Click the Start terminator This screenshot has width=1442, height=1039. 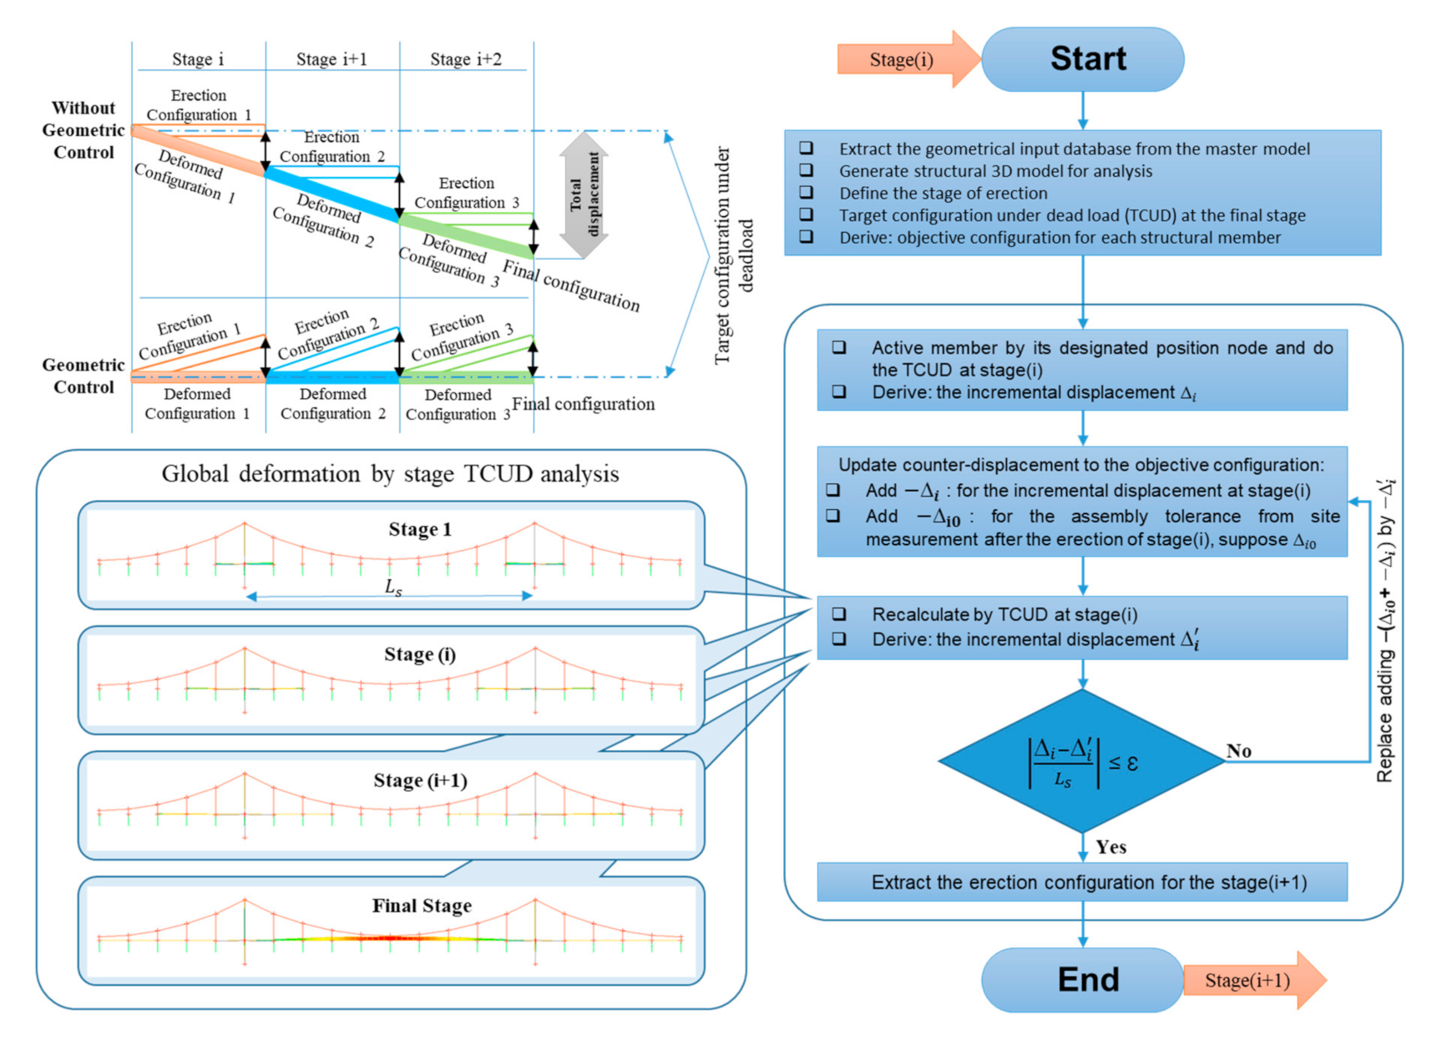(1082, 59)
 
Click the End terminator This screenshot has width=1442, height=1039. (1082, 980)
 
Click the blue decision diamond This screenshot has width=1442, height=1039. (1082, 761)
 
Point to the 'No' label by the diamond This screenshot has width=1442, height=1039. (1238, 751)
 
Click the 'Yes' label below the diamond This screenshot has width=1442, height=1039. (1111, 847)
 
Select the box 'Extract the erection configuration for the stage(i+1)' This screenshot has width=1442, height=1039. (1082, 882)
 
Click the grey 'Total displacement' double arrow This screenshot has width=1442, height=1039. (584, 194)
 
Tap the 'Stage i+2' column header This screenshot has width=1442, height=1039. (466, 59)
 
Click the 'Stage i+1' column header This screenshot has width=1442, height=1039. (331, 59)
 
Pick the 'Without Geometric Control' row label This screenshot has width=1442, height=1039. (83, 130)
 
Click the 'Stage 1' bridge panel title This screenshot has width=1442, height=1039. (420, 529)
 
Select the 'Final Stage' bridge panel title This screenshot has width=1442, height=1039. (422, 905)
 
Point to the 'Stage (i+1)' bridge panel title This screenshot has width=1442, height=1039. (420, 780)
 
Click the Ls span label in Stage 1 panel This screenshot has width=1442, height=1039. (393, 588)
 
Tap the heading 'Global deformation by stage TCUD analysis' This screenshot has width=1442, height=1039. (390, 474)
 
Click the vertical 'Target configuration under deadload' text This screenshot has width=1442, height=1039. (733, 255)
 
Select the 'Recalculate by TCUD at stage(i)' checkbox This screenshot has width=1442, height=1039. (839, 614)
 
